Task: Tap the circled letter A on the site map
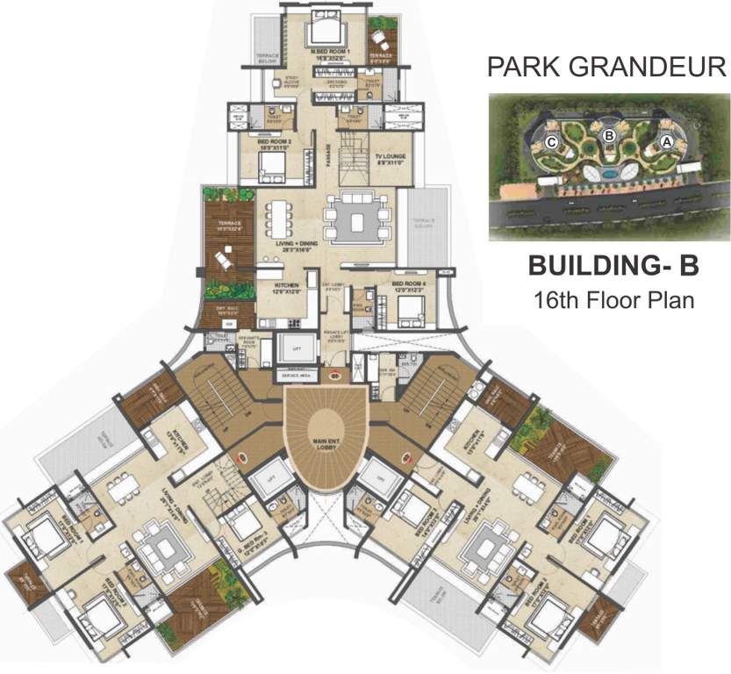[666, 140]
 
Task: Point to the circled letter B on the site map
[608, 134]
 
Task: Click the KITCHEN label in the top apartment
[288, 288]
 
